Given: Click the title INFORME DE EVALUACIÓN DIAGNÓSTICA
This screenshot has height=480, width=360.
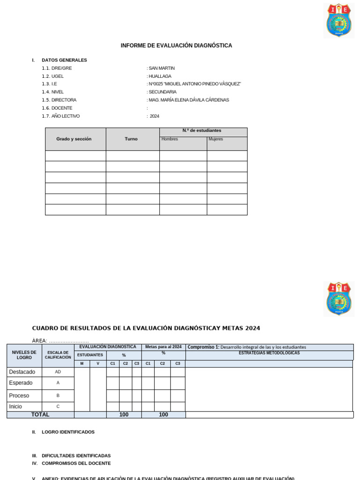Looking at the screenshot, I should (176, 45).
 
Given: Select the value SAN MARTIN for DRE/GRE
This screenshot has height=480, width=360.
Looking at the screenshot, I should (162, 68).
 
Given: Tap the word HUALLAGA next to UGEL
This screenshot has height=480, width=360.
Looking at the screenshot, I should (160, 76).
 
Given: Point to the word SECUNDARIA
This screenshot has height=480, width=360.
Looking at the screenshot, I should (163, 92).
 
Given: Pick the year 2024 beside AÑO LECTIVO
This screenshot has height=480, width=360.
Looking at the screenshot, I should (155, 116).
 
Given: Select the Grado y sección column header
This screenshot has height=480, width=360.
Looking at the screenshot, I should (74, 139).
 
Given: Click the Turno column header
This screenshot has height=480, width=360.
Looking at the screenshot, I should (131, 139).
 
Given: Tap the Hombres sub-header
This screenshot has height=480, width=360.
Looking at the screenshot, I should (170, 139).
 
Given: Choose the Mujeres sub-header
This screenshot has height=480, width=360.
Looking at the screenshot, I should (216, 139).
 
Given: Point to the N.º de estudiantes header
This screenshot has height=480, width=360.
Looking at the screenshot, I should (202, 130).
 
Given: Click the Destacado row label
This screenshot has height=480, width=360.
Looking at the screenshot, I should (22, 372).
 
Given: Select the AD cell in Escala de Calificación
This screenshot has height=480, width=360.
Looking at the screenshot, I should (58, 372).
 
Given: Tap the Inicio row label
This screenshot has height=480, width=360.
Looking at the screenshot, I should (15, 406).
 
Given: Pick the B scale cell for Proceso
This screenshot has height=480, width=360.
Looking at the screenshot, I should (58, 395).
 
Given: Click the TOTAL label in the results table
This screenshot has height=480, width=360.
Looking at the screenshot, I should (40, 415).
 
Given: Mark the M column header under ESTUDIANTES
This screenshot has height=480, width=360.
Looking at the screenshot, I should (82, 364).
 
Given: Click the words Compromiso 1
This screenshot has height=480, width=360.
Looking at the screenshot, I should (203, 347).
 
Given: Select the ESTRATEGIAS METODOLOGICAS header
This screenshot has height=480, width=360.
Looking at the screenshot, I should (269, 353).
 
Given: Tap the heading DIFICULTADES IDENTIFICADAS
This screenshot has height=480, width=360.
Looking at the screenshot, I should (76, 456).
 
